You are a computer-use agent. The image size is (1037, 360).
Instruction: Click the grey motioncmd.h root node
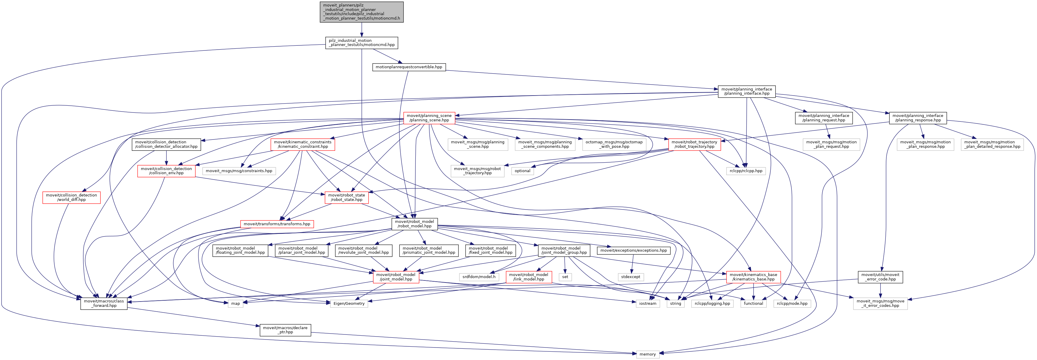[361, 12]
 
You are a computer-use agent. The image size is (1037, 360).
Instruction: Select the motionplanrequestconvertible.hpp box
[409, 67]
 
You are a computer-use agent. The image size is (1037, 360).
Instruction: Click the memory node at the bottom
[647, 354]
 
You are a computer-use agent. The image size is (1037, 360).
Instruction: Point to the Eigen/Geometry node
[349, 304]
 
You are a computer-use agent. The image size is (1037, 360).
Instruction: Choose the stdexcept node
[631, 277]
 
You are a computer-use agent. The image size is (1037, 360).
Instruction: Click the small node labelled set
[565, 277]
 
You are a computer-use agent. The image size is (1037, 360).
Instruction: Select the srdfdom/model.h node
[479, 277]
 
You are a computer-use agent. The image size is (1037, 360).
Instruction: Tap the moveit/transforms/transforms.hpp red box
[277, 224]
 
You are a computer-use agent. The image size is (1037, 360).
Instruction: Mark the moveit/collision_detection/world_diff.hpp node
[71, 197]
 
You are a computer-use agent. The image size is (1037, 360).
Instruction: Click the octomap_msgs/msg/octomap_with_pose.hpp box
[614, 144]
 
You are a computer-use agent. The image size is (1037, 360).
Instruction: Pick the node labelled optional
[522, 171]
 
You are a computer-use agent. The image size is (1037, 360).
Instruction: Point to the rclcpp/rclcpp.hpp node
[746, 171]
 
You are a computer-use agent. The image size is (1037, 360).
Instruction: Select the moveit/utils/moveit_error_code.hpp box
[880, 277]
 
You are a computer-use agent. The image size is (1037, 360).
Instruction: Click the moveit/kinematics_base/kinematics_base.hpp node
[753, 277]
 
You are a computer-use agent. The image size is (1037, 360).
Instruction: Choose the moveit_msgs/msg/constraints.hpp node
[239, 171]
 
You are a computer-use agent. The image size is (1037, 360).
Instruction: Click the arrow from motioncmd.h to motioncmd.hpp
[361, 30]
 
